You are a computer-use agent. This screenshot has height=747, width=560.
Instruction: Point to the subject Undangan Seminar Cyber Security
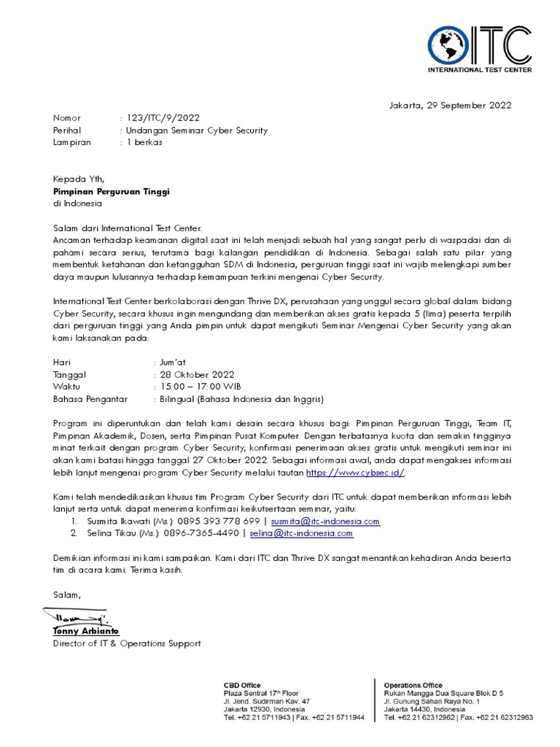tap(197, 131)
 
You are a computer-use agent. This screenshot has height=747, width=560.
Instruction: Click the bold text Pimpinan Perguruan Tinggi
tap(111, 192)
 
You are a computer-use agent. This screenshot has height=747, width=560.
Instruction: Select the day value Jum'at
tap(172, 362)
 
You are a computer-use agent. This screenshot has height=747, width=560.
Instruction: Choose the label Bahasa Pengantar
tap(90, 399)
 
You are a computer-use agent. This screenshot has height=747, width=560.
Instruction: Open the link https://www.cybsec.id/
tap(355, 473)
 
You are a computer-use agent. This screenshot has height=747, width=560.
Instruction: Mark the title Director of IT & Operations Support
tap(126, 643)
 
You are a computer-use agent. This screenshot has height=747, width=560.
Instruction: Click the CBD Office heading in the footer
tap(241, 685)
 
